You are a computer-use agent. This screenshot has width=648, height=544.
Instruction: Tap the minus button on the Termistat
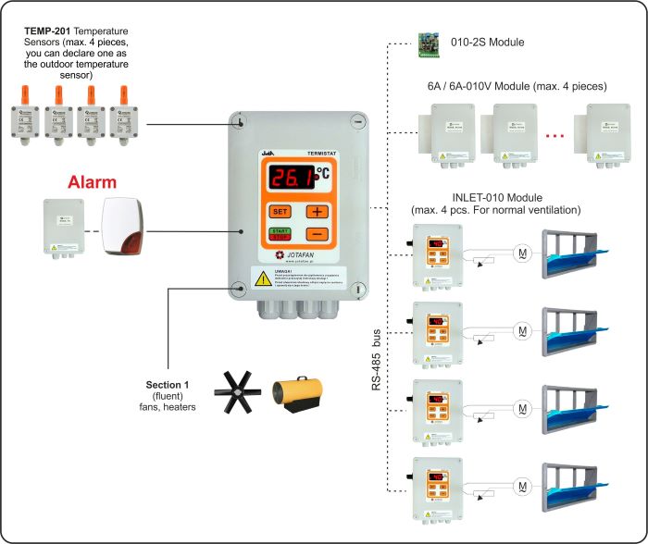click(317, 235)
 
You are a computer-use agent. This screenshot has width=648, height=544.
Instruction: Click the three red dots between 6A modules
click(555, 136)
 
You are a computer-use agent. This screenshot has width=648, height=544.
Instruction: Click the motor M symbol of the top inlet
click(522, 252)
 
